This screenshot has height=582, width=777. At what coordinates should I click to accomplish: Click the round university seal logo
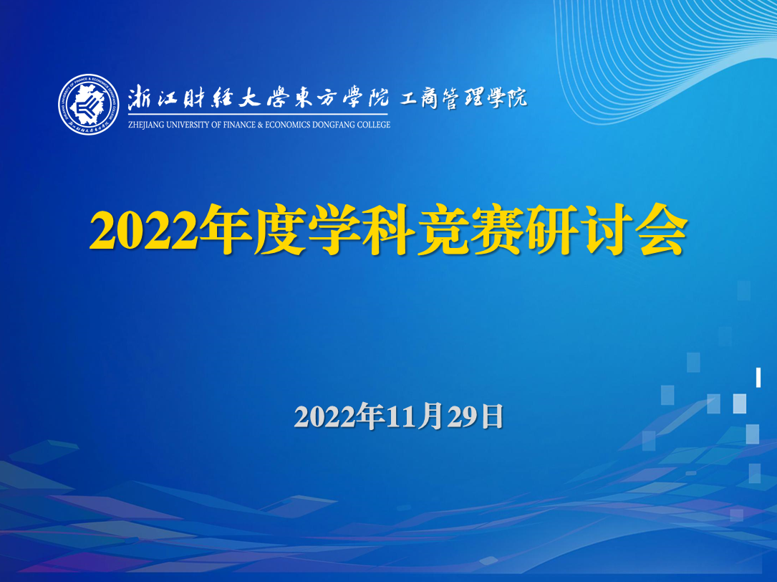[x=89, y=104]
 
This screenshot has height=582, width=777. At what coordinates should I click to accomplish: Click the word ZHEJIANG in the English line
[x=146, y=125]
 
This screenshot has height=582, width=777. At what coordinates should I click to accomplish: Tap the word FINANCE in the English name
[x=240, y=125]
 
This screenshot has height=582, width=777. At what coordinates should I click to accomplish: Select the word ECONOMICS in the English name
[x=288, y=125]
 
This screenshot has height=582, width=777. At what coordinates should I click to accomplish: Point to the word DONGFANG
[x=334, y=125]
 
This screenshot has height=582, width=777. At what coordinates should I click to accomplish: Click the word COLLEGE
[x=374, y=125]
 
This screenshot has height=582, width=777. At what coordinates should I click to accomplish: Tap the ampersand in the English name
[x=261, y=125]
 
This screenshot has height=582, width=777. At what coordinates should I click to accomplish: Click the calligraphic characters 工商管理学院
[x=463, y=97]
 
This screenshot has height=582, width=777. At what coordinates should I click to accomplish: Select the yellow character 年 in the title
[x=226, y=230]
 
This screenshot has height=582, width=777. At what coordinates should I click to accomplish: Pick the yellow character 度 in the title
[x=280, y=230]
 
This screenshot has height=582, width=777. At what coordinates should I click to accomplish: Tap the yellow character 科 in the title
[x=389, y=230]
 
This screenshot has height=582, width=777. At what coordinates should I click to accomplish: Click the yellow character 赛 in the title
[x=498, y=230]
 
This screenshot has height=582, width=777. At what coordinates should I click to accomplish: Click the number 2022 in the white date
[x=325, y=416]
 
